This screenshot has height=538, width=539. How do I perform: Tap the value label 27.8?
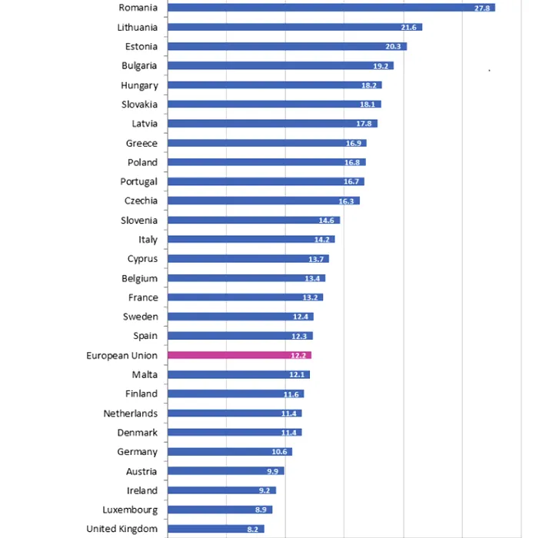484,8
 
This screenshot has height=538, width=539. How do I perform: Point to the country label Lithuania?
138,27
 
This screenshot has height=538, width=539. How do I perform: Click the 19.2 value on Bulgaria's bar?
382,66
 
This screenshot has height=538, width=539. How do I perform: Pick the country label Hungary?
139,85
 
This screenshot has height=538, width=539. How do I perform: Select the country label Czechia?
141,201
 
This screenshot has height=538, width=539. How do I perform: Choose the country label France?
143,297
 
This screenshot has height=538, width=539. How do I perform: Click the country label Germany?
138,452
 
